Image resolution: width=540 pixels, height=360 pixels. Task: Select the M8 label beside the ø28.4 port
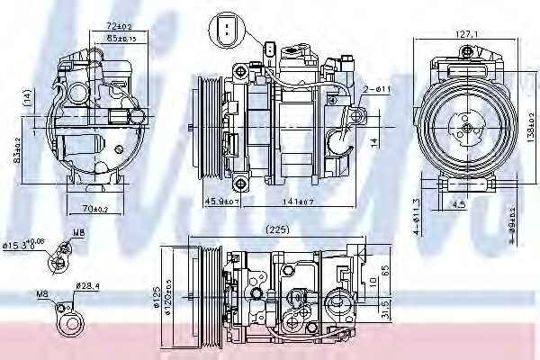43,292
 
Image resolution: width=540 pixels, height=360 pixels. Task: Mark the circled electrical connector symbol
225,31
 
